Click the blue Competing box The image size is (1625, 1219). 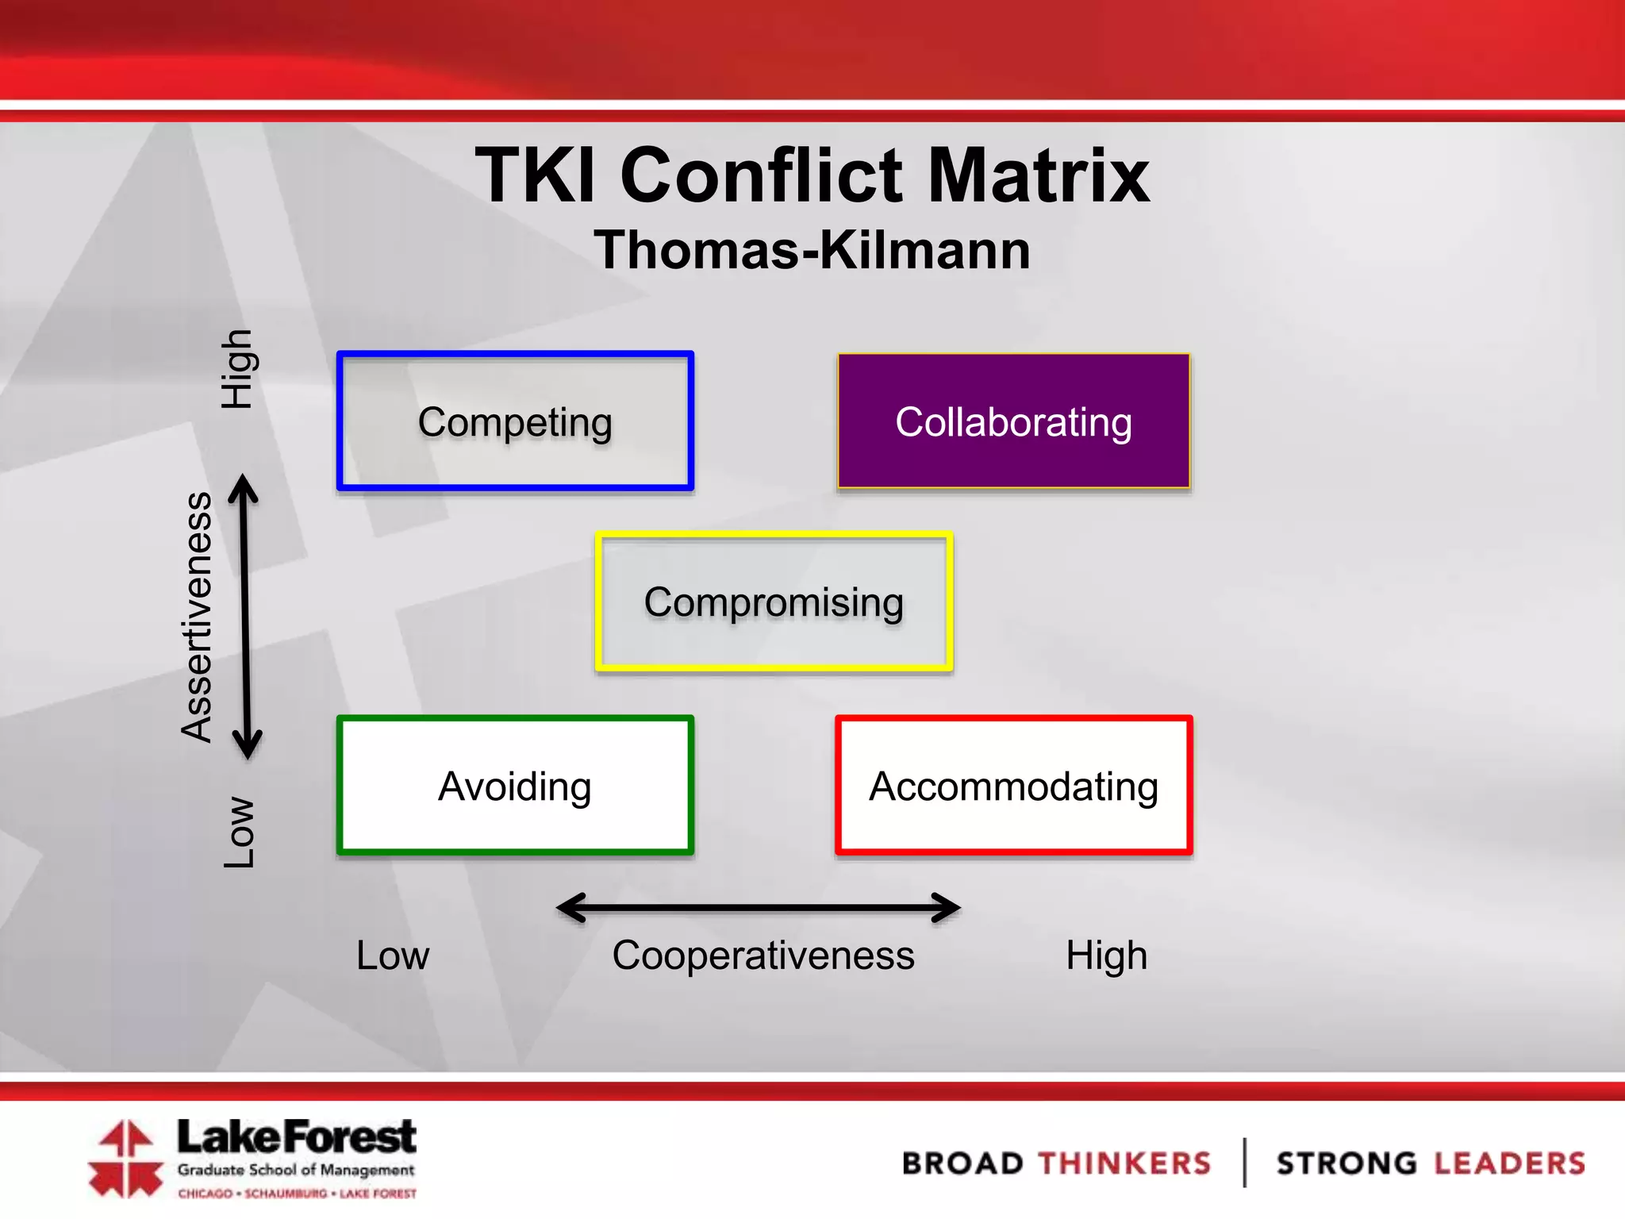515,421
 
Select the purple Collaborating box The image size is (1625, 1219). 1013,421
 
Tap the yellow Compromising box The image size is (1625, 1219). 774,602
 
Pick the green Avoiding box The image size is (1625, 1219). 515,786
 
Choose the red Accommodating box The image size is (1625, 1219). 1013,786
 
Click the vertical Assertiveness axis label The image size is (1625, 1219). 197,617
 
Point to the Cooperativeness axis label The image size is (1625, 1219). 763,955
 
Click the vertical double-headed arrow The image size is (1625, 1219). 245,617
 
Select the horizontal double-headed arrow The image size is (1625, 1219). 759,907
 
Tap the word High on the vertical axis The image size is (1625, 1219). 236,369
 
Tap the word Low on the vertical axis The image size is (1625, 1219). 238,832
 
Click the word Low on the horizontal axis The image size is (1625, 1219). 392,955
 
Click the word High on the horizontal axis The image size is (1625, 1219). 1106,955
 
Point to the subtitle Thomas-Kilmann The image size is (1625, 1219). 812,250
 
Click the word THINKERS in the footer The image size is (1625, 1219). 1125,1163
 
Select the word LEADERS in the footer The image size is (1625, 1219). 1508,1163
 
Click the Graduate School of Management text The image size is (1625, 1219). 296,1170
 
